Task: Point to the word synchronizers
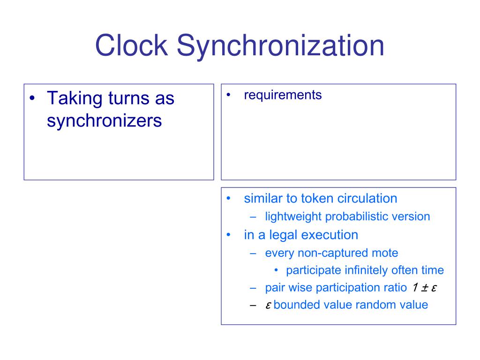(x=104, y=121)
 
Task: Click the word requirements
(x=283, y=95)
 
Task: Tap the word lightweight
(x=293, y=217)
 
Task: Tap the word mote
(x=386, y=253)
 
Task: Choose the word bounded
(x=294, y=305)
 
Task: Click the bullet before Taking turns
(x=32, y=99)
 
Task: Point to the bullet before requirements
(x=228, y=95)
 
